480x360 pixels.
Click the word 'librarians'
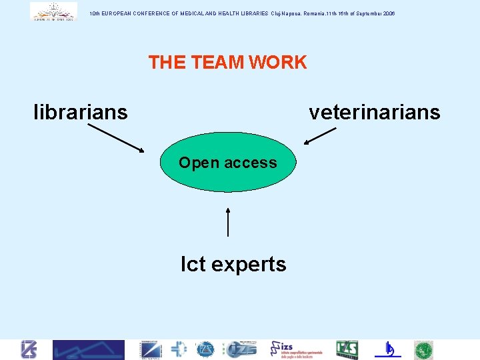81,112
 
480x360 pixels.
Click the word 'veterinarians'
374,112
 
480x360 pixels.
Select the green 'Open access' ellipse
227,163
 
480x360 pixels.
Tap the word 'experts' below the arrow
249,265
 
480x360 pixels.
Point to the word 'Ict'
193,265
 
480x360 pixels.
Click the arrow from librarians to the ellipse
115,138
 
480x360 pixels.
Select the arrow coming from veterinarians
319,136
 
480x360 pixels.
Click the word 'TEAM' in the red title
218,63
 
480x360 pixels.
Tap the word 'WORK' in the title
277,63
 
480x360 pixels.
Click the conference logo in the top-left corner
53,11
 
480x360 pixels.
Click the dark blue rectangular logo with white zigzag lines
89,350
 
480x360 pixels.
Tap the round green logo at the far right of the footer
423,350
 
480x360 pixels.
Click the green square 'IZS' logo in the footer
347,350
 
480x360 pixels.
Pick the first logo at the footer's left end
29,350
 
